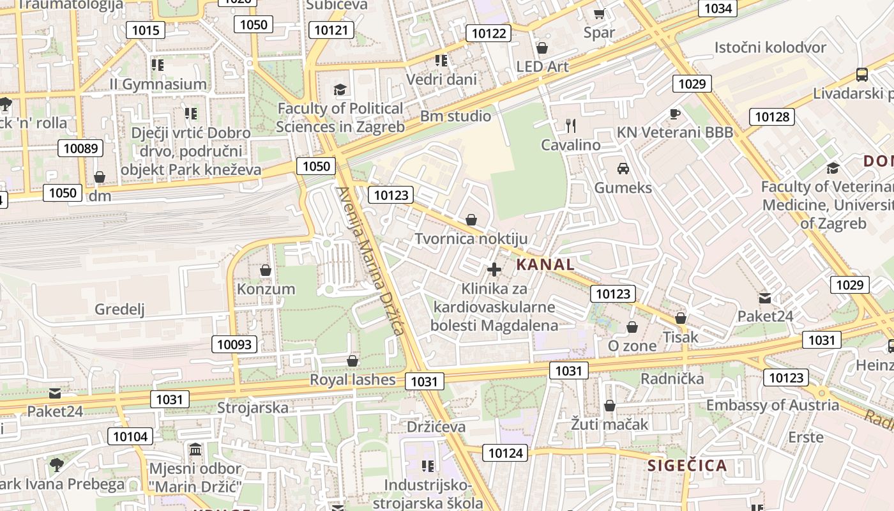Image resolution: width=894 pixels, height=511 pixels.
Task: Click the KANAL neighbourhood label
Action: click(x=545, y=264)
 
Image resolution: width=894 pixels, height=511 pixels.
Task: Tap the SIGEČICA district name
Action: click(x=687, y=465)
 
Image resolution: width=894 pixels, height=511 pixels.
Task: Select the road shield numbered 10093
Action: click(x=235, y=345)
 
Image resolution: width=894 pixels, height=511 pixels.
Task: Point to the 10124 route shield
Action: click(x=505, y=454)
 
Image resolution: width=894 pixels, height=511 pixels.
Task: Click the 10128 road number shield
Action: click(x=772, y=117)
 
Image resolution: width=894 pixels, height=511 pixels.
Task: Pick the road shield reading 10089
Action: click(x=80, y=149)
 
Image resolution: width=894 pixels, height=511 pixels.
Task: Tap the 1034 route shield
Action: click(x=718, y=8)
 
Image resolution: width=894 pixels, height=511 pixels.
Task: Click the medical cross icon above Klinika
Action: click(x=494, y=270)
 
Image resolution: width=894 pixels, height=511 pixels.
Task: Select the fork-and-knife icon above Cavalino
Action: click(x=571, y=126)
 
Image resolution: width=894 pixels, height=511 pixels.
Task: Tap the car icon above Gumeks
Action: click(x=623, y=169)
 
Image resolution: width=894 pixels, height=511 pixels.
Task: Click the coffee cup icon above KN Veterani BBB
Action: click(x=675, y=114)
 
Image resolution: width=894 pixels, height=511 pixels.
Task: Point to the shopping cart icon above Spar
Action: click(x=599, y=13)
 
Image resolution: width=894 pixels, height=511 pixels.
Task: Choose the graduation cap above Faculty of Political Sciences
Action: click(x=340, y=90)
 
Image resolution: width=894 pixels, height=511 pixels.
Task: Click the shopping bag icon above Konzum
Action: click(x=266, y=271)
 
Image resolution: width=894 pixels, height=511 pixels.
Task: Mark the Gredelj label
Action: click(x=119, y=310)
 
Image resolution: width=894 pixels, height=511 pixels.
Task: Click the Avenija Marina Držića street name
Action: click(x=370, y=261)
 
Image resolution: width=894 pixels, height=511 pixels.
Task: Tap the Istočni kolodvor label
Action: click(x=770, y=47)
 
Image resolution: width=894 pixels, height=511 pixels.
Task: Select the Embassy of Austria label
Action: click(x=772, y=405)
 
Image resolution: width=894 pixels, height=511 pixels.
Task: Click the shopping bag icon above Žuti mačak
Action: click(x=610, y=406)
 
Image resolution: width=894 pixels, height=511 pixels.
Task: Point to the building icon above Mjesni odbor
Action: click(x=195, y=449)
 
